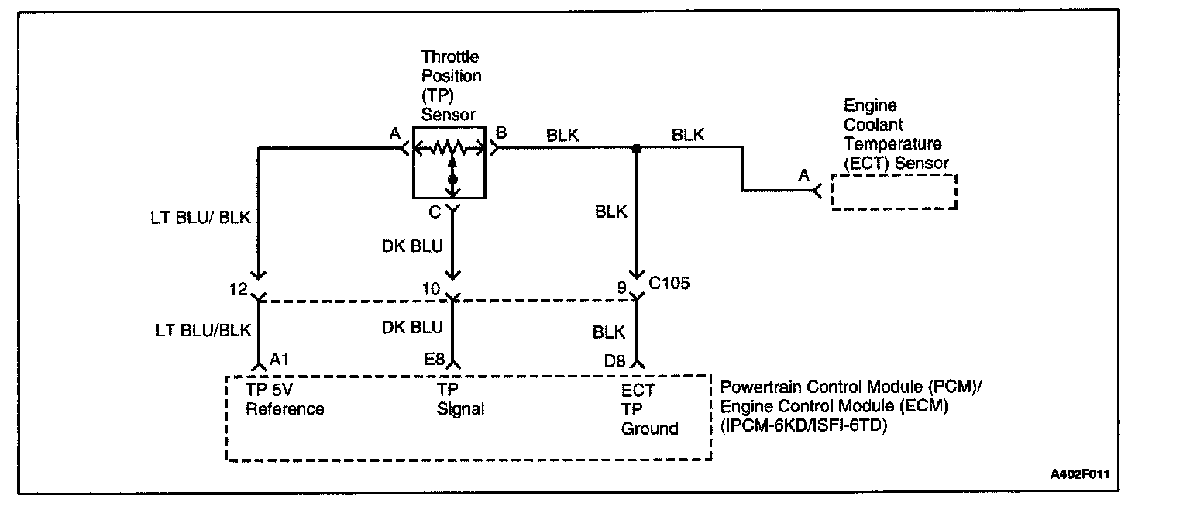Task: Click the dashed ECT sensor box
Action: click(x=894, y=191)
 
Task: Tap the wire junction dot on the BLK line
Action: click(x=637, y=148)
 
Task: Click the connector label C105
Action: click(x=669, y=284)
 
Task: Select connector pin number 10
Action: click(x=431, y=288)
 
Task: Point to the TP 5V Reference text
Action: click(x=284, y=400)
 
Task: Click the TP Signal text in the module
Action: click(x=460, y=400)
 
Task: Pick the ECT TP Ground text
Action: click(x=649, y=409)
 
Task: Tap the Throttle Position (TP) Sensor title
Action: click(x=451, y=85)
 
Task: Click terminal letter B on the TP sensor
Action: click(x=501, y=133)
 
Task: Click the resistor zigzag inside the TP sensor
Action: click(x=449, y=146)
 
